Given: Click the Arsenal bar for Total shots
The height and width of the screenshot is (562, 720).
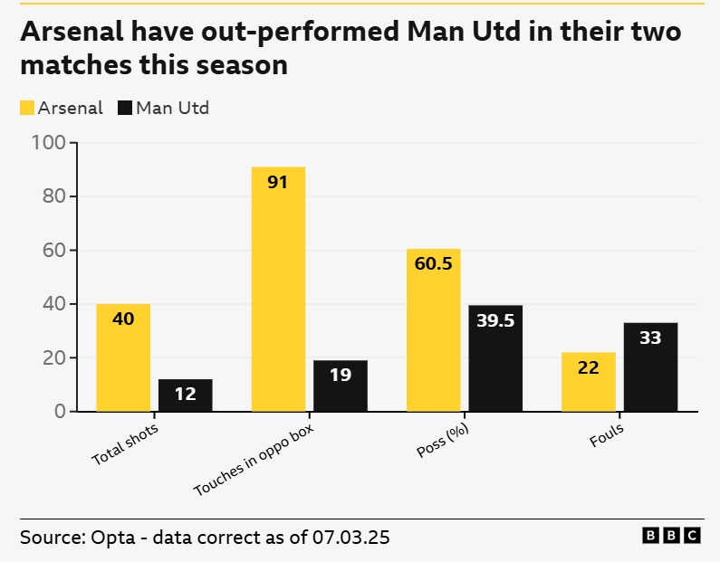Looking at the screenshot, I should tap(123, 357).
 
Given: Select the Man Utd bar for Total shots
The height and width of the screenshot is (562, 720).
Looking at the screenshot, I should tap(186, 395).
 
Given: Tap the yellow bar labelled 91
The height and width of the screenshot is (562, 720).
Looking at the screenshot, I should tap(278, 290).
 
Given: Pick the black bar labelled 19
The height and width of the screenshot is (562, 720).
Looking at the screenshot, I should tap(341, 386).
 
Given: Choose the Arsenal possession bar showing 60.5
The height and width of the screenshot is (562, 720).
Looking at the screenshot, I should tap(434, 330).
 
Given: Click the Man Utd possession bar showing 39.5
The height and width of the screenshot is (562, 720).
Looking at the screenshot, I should tap(495, 358).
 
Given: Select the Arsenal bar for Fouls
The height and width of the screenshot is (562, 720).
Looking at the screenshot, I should tap(589, 382).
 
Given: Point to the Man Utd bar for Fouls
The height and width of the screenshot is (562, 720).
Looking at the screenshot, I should tap(650, 367).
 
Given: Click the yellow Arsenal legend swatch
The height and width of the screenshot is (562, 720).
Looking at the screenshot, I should tap(27, 109).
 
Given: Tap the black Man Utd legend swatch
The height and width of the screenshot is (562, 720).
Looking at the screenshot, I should tap(125, 109).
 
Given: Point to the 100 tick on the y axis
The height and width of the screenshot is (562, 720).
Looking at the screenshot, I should tap(48, 143).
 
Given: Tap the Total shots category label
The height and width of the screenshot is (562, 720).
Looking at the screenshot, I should tap(124, 444).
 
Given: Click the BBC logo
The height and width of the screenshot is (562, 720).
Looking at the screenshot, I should tap(671, 536).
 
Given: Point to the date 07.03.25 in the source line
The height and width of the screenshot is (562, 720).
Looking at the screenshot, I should tap(350, 537).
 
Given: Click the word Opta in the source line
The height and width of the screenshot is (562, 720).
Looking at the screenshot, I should tap(113, 537).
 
